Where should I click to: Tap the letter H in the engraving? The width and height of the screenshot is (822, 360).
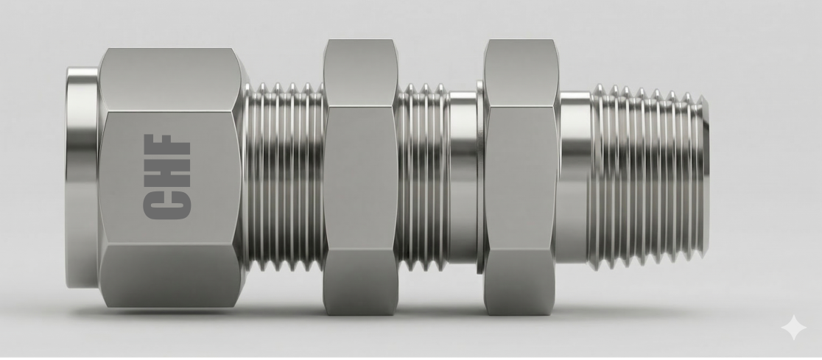tap(167, 173)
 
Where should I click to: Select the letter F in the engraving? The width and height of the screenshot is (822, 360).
tap(167, 147)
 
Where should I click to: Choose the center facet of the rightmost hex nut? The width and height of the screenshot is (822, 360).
tap(521, 180)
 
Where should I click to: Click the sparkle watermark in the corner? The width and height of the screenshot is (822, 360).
tap(793, 328)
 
